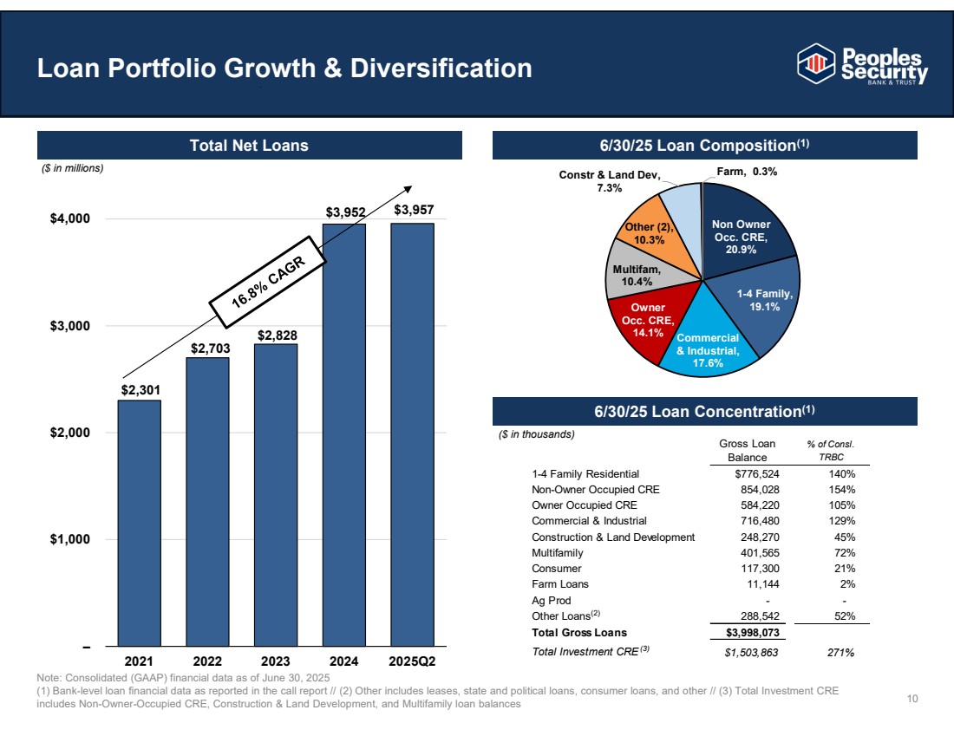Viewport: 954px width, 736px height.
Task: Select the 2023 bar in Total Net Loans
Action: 276,494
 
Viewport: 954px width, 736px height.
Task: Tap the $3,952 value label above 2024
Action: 344,211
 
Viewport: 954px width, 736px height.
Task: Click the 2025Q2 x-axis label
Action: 412,661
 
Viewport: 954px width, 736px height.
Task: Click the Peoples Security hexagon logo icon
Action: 814,62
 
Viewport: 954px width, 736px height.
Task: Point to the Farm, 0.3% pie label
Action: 747,172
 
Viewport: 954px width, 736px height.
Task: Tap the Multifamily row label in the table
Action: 558,553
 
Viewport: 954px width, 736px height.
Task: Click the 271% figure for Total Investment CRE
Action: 840,653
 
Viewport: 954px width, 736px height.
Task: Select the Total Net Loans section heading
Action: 249,146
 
